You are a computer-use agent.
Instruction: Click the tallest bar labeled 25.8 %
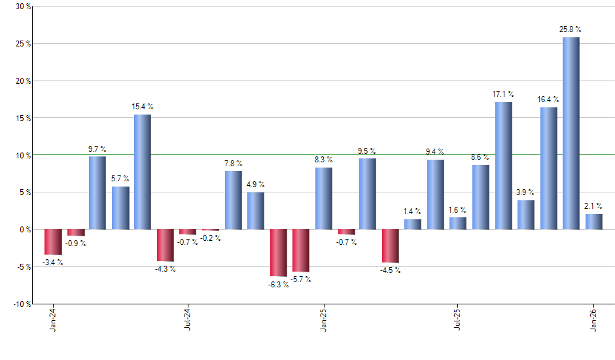click(571, 134)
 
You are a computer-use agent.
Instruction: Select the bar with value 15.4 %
click(143, 172)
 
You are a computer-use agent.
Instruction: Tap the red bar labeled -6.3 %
click(279, 253)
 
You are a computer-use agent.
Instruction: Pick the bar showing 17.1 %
click(504, 166)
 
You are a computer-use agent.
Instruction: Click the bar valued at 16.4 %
click(549, 168)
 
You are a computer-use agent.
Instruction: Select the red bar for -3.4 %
click(53, 242)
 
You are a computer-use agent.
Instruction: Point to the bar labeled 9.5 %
click(368, 194)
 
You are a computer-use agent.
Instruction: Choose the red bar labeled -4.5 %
click(391, 246)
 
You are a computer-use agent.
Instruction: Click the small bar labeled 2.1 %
click(594, 222)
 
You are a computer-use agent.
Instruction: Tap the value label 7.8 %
click(234, 163)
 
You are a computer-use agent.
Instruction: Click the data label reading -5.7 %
click(302, 279)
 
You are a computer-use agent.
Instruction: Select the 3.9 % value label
click(525, 192)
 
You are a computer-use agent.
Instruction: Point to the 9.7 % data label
click(97, 149)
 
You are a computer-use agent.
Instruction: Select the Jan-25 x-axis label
click(323, 320)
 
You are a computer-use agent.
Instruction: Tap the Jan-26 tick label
click(594, 320)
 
